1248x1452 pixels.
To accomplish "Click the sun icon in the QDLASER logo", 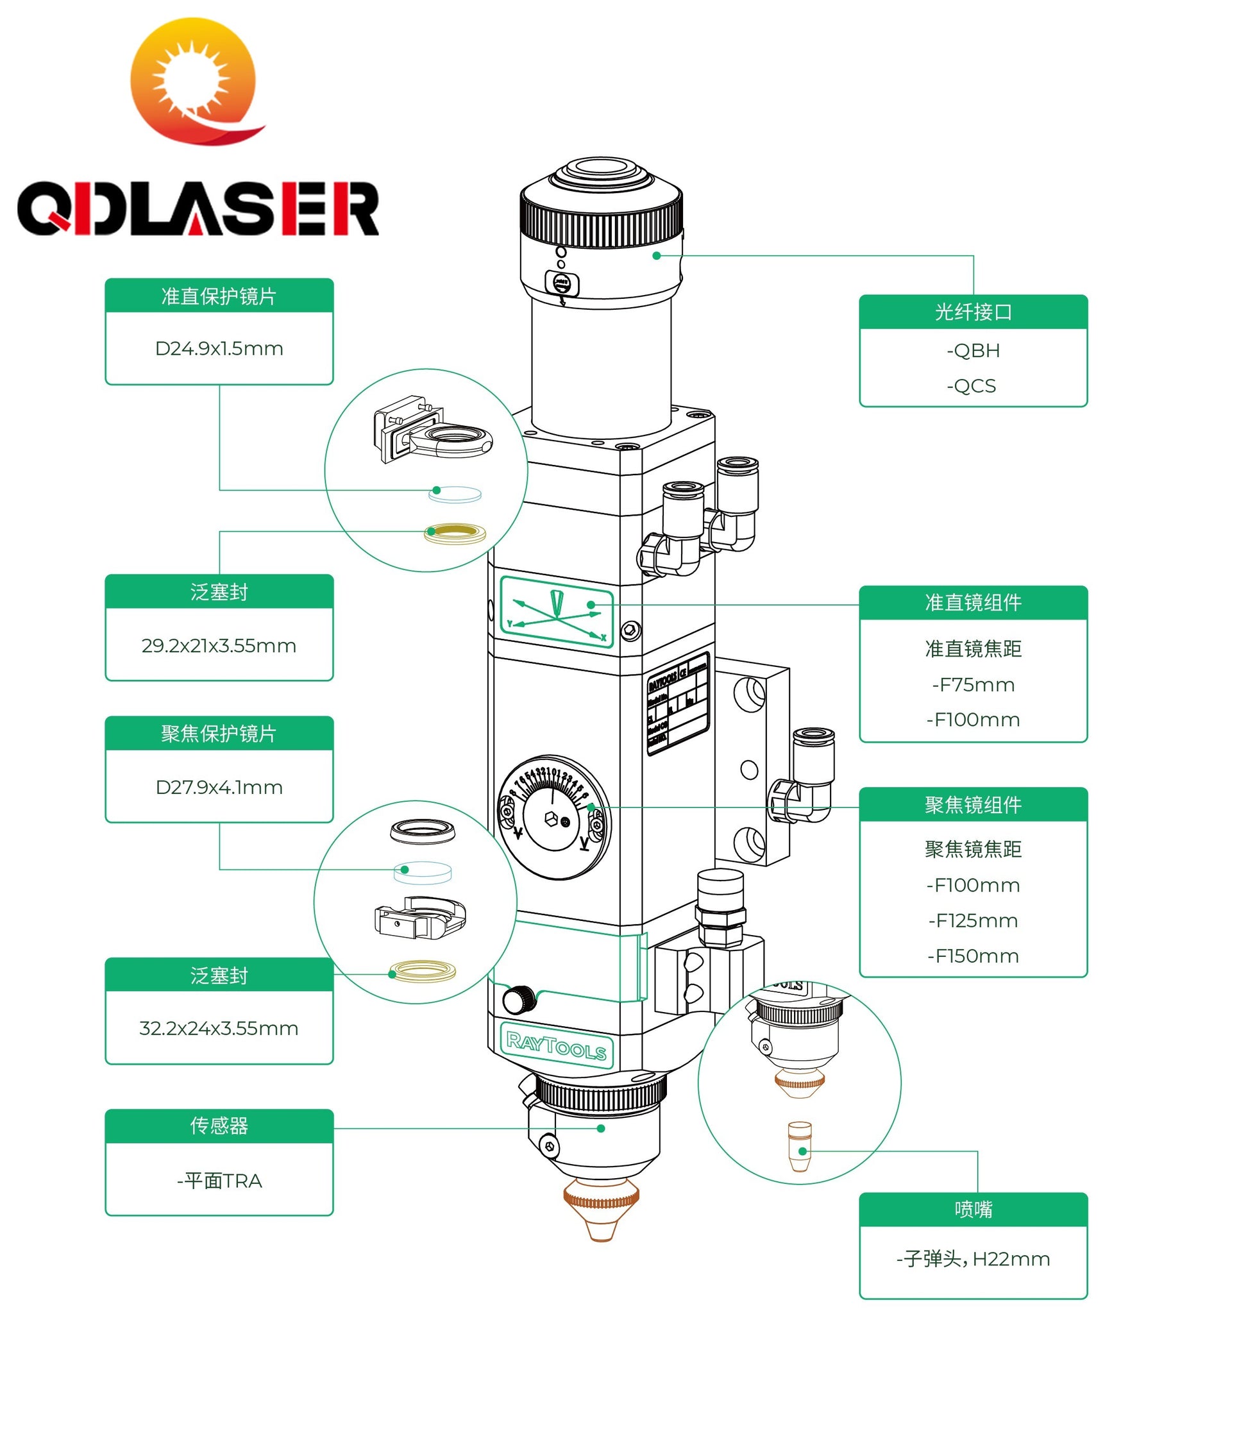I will coord(191,79).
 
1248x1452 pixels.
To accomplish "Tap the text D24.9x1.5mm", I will coord(219,348).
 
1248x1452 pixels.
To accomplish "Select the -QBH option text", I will coord(973,350).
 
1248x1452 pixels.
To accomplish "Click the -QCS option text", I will coord(971,385).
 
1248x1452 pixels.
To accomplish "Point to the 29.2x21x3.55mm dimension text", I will coord(219,645).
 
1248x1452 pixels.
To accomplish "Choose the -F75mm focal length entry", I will coord(973,685).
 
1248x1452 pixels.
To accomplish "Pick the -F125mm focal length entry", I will coord(973,920).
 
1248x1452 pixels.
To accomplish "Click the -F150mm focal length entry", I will coord(973,956).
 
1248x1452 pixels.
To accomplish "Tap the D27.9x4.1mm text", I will coord(219,787).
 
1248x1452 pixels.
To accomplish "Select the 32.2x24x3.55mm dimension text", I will coord(219,1028).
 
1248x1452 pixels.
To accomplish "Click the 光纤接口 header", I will coord(973,312).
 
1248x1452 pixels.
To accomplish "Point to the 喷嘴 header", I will coord(973,1209).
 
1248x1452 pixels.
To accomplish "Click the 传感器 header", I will coord(219,1126).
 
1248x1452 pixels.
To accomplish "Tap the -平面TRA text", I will coord(219,1181).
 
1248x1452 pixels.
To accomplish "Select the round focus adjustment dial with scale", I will coord(553,816).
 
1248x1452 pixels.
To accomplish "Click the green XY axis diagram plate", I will coord(557,611).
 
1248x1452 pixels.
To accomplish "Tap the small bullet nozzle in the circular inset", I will coord(800,1147).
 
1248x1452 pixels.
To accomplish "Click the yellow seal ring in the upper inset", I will coord(455,534).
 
